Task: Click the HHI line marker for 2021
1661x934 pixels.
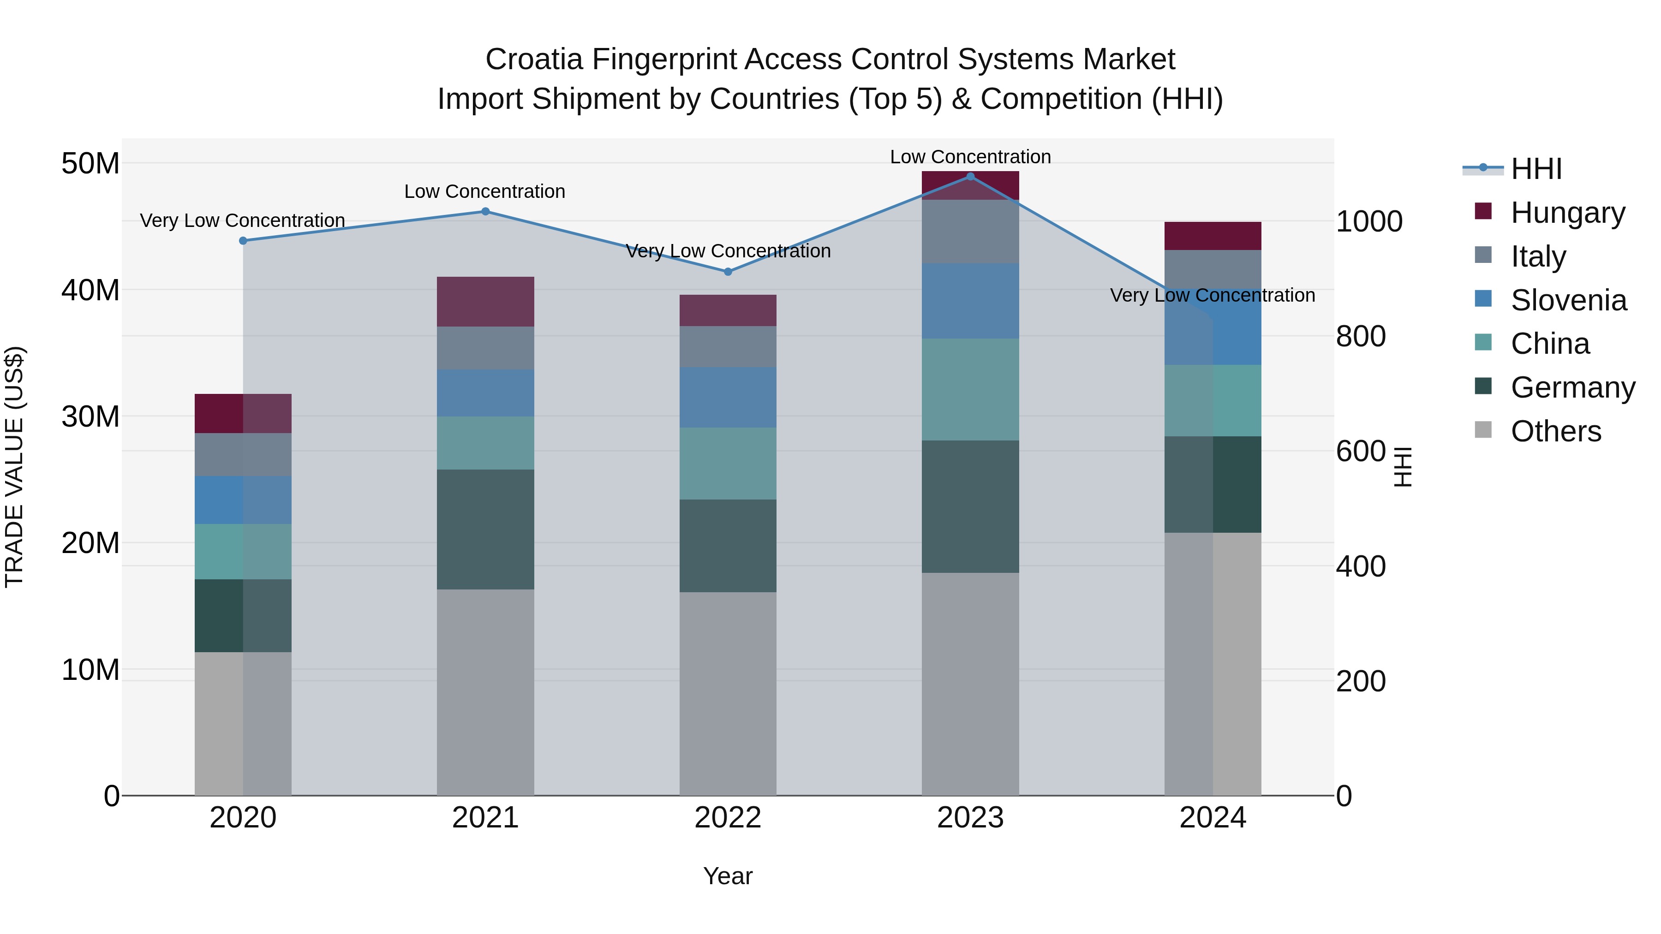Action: pyautogui.click(x=485, y=211)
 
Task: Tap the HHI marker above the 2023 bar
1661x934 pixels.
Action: pyautogui.click(x=970, y=177)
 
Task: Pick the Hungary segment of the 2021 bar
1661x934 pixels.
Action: pyautogui.click(x=485, y=302)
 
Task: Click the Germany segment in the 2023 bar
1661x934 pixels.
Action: pyautogui.click(x=970, y=506)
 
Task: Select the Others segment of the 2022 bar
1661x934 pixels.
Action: pyautogui.click(x=728, y=694)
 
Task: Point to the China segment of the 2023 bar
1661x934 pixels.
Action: pyautogui.click(x=970, y=389)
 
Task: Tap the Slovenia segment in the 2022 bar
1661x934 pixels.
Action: pyautogui.click(x=728, y=397)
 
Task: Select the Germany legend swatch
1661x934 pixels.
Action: pyautogui.click(x=1483, y=387)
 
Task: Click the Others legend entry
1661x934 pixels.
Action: pyautogui.click(x=1555, y=431)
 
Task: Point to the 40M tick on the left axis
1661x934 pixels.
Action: pyautogui.click(x=90, y=290)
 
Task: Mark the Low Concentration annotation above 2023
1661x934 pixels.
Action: pyautogui.click(x=970, y=157)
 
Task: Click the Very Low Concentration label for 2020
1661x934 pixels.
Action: pyautogui.click(x=242, y=220)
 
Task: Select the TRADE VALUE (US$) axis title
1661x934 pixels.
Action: pyautogui.click(x=14, y=467)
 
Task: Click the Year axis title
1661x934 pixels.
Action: pyautogui.click(x=728, y=876)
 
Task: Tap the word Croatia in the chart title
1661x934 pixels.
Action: pyautogui.click(x=535, y=59)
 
